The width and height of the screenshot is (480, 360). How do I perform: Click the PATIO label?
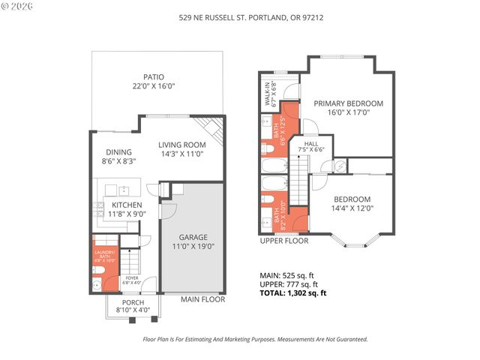coord(154,77)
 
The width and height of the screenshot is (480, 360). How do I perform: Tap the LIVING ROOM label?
coord(181,145)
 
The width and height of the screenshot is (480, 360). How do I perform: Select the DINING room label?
coord(118,151)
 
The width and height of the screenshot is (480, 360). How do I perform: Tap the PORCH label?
coord(133,302)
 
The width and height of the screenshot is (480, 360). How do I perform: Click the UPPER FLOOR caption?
coord(284,241)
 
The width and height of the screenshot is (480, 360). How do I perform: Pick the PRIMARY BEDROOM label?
coord(348,103)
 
